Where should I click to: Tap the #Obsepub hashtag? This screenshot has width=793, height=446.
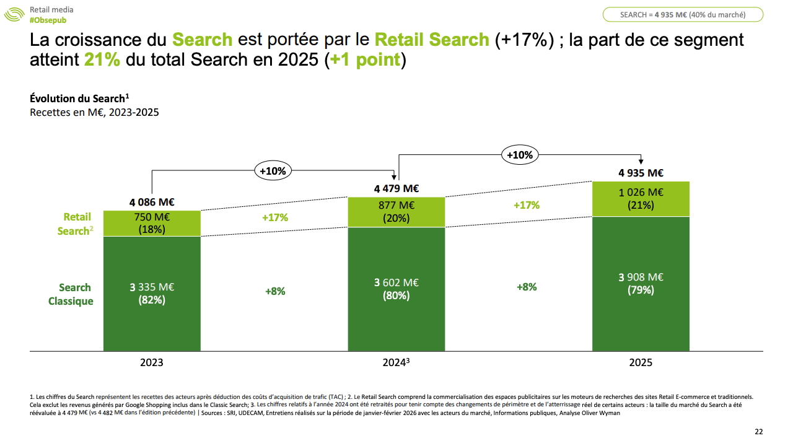(x=48, y=20)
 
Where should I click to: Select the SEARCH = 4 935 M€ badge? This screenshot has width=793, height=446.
(x=683, y=14)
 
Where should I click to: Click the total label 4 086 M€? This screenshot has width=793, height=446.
(x=152, y=202)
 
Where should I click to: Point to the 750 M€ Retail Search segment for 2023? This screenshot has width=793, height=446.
(x=152, y=224)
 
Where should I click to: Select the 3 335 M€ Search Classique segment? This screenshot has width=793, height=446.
(x=152, y=293)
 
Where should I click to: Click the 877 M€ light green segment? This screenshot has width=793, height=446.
(x=396, y=212)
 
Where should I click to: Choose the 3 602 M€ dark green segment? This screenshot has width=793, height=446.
(x=396, y=289)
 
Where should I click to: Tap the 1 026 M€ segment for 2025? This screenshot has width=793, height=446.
(x=641, y=199)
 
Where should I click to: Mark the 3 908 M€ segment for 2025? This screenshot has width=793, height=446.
(x=641, y=283)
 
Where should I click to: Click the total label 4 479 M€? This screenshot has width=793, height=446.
(x=396, y=188)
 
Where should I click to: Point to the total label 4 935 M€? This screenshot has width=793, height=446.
(x=641, y=173)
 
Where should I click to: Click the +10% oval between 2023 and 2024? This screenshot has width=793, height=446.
(x=273, y=170)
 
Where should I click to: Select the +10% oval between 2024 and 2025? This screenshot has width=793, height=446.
(x=519, y=155)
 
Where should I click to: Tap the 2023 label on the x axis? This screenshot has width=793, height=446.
(x=152, y=362)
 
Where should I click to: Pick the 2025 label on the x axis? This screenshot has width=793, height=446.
(x=641, y=362)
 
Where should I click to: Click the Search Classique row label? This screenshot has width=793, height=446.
(x=76, y=294)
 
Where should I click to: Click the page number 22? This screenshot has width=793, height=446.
(x=759, y=432)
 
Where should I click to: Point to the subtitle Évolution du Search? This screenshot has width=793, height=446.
(x=79, y=98)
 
